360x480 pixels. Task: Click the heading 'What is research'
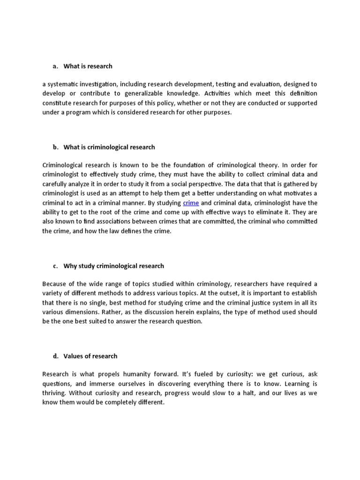(x=88, y=66)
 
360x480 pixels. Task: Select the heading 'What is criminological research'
(x=109, y=147)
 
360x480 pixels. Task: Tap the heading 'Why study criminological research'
(x=113, y=266)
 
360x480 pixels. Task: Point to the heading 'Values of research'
(x=90, y=356)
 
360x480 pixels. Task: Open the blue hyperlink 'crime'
(x=191, y=203)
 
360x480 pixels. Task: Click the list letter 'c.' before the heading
(x=55, y=266)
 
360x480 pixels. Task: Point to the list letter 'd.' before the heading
(x=55, y=356)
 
